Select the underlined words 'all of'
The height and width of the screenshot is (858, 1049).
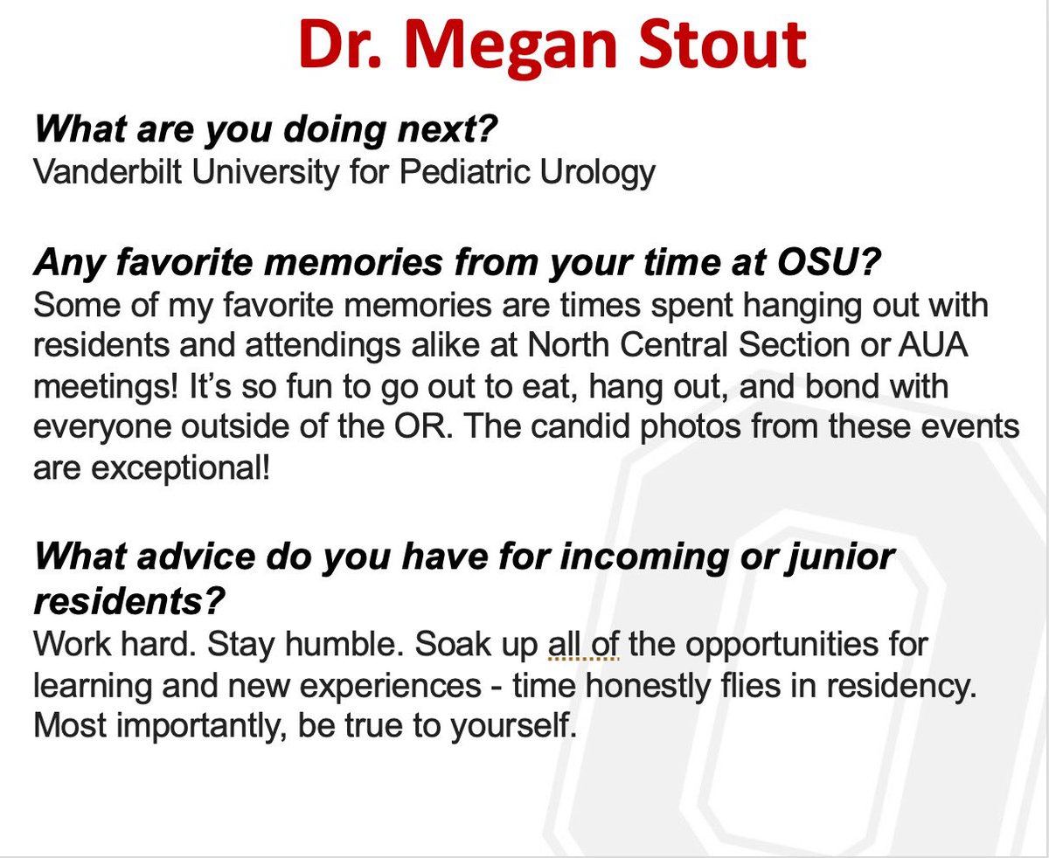[584, 647]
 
